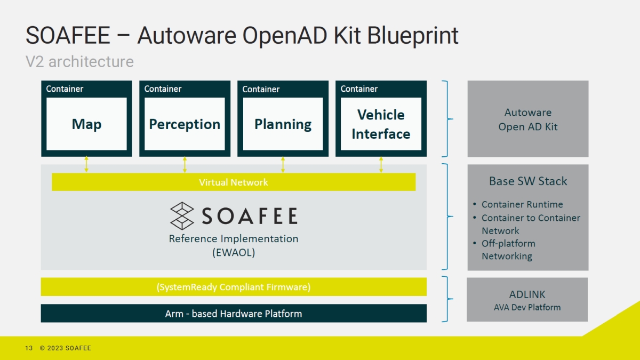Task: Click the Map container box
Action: coord(86,124)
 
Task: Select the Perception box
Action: coord(185,124)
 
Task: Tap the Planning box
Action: coord(283,124)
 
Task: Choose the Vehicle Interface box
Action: coord(381,124)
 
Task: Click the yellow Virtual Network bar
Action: coord(234,182)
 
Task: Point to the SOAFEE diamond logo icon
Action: coord(182,215)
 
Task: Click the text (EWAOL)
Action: coord(234,253)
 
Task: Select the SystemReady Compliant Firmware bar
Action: coord(234,287)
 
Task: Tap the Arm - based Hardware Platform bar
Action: coord(234,314)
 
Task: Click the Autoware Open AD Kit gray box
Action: coord(528,119)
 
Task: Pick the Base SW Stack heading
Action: coord(528,181)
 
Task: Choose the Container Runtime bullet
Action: coord(522,204)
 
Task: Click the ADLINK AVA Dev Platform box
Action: coord(527,300)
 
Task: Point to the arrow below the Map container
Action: coord(86,164)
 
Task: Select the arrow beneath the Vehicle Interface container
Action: coord(381,164)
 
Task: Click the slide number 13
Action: coord(29,348)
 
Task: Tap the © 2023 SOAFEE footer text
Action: coord(65,348)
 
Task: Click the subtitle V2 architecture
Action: coord(79,62)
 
